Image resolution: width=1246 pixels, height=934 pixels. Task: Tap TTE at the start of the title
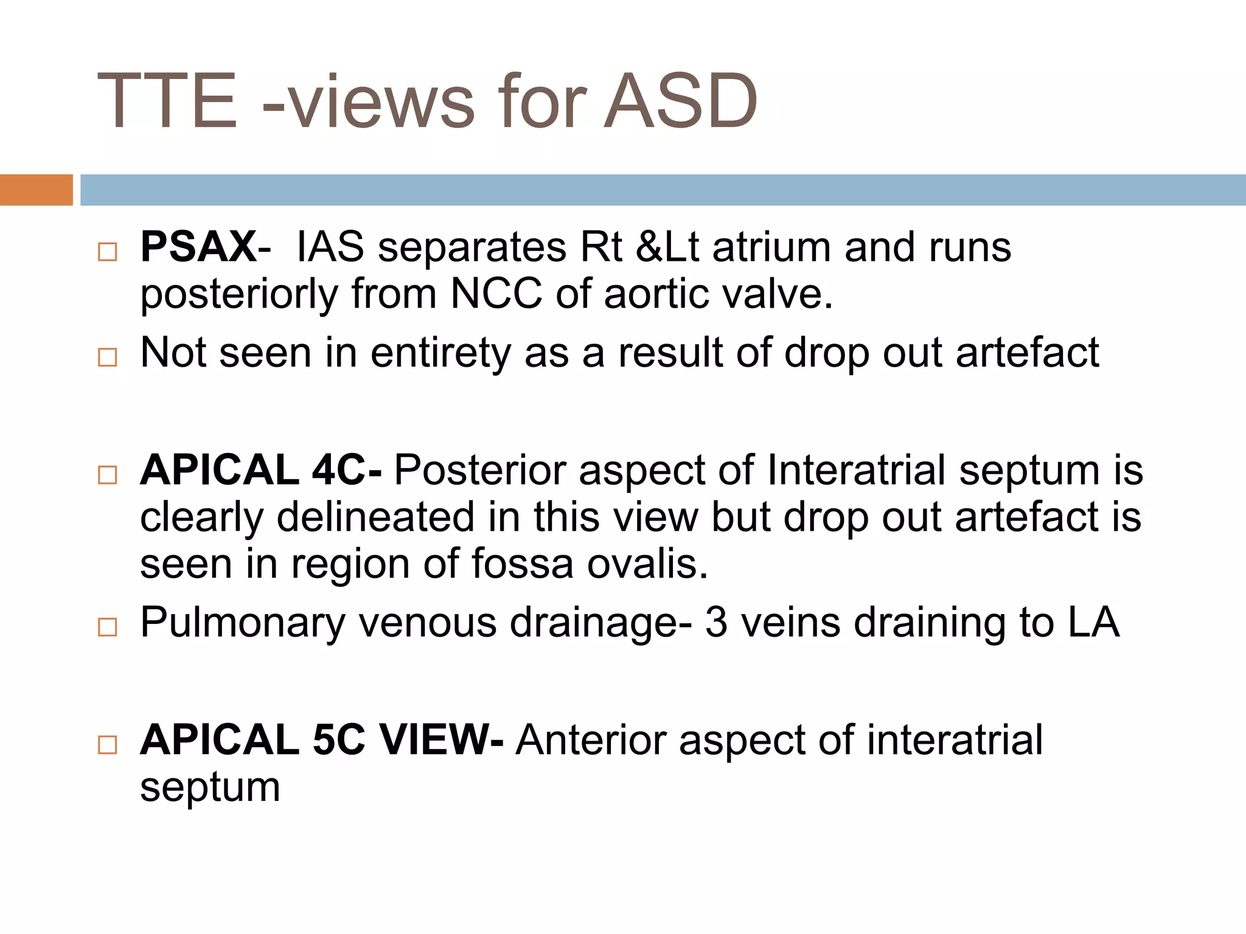pos(167,102)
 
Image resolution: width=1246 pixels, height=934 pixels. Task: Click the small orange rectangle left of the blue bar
pos(36,190)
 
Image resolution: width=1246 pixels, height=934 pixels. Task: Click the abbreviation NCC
pos(496,294)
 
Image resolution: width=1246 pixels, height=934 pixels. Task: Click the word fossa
pos(522,564)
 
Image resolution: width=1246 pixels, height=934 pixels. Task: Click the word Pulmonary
pos(243,623)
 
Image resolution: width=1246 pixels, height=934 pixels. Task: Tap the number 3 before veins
pos(716,623)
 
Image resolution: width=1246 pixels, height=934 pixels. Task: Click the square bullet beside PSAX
pos(108,252)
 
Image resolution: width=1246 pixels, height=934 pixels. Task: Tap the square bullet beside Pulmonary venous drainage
pos(108,627)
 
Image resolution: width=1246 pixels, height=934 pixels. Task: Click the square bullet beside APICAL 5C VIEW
pos(108,745)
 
